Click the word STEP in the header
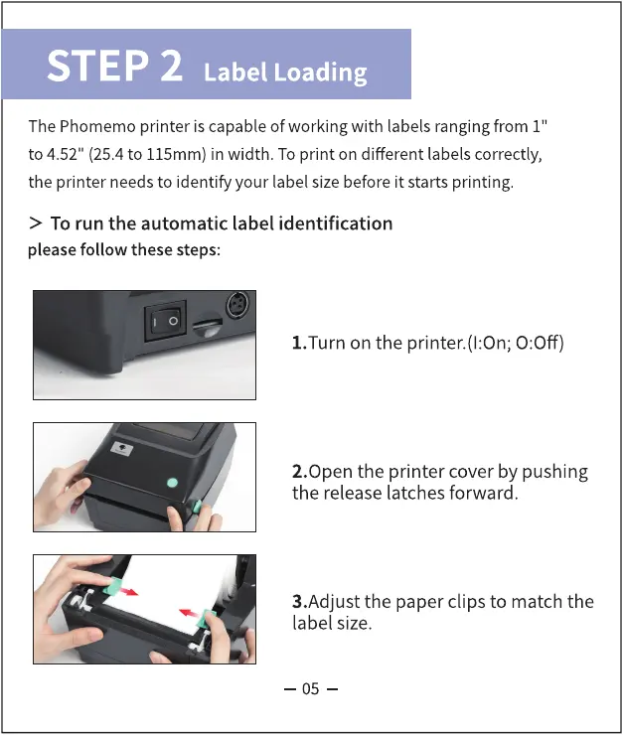tap(97, 66)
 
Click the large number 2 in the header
tap(171, 66)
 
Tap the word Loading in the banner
tap(320, 73)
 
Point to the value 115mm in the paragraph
tap(176, 154)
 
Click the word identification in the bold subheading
tap(336, 223)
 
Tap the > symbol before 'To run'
tap(35, 223)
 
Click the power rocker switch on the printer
tap(165, 321)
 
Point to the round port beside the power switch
tap(238, 306)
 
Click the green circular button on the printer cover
tap(173, 483)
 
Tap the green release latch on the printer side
tap(196, 506)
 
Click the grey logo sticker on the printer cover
tap(122, 449)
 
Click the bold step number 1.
tap(299, 343)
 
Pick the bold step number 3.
tap(299, 601)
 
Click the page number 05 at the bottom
tap(310, 689)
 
